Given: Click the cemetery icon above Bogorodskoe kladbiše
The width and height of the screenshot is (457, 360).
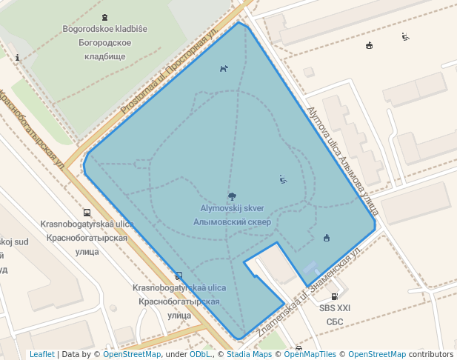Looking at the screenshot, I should [x=104, y=16].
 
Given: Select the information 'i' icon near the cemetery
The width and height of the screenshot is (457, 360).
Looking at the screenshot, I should [x=17, y=57].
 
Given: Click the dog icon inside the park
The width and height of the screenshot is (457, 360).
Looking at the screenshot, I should [x=224, y=69].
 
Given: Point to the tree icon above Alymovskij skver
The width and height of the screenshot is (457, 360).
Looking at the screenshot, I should [x=233, y=196].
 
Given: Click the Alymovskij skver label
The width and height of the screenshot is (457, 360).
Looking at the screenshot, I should [x=233, y=209].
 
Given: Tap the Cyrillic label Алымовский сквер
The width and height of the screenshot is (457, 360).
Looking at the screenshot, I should [x=233, y=221].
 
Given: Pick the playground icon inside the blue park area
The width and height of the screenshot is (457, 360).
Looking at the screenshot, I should [x=283, y=179].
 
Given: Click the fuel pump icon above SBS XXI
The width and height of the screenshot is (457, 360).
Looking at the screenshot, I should [x=335, y=296].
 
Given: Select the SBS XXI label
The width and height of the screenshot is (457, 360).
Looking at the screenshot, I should [x=335, y=308].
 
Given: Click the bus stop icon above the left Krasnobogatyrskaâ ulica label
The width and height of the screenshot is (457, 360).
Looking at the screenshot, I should [x=87, y=212].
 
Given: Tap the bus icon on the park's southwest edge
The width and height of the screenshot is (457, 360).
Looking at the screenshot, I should [x=179, y=276].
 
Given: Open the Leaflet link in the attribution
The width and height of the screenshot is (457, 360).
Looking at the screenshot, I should [x=41, y=354].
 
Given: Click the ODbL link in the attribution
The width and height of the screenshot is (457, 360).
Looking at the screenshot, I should [x=200, y=354].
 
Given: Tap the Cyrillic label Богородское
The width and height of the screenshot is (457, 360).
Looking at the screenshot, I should [x=104, y=43].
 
